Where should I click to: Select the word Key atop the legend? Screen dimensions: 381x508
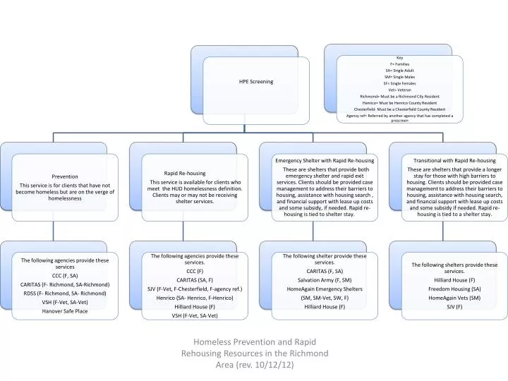400,58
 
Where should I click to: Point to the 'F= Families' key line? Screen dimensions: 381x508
400,64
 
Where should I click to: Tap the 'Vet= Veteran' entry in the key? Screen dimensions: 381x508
400,90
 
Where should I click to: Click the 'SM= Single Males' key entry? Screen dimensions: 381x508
400,77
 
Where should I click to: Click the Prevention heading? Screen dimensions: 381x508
66,176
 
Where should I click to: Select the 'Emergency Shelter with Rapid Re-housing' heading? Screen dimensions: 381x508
325,161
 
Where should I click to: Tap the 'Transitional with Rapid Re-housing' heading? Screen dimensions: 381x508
454,161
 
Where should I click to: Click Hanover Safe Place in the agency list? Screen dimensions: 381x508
65,310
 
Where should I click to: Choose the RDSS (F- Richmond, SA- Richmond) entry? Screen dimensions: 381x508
65,293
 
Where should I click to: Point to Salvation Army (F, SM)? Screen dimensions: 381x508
325,280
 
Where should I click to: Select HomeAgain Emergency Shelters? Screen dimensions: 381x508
325,289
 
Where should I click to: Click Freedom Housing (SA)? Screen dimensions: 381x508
454,289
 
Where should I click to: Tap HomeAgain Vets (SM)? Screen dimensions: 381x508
454,298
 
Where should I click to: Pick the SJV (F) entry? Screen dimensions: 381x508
454,307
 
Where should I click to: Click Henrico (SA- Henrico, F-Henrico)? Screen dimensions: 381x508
195,298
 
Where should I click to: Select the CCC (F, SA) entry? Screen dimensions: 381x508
65,275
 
